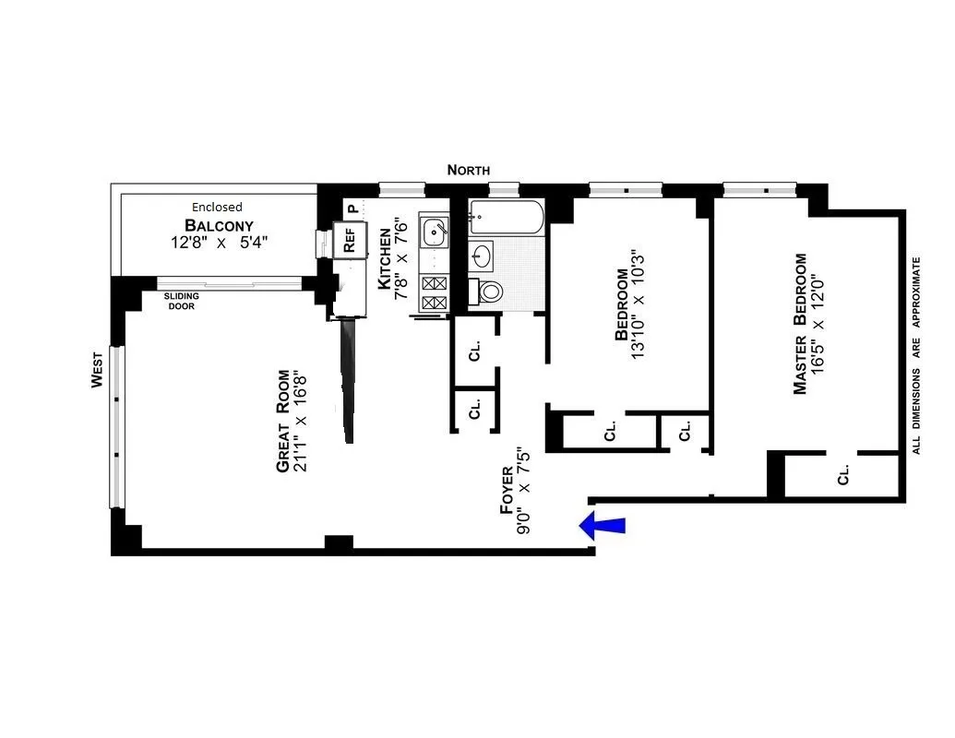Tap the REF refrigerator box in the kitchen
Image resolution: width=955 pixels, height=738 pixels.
click(349, 241)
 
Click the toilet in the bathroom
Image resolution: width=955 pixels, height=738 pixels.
click(489, 292)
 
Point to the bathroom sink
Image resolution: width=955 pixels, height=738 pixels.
click(482, 254)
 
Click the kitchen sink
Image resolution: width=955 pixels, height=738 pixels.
click(434, 232)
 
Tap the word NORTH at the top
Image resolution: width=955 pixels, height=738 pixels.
click(469, 170)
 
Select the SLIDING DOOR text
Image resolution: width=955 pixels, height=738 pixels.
click(180, 301)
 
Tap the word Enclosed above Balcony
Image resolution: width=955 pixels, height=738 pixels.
click(217, 208)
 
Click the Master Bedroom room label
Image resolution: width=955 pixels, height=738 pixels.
click(800, 324)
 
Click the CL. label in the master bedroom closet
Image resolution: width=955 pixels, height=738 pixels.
click(843, 475)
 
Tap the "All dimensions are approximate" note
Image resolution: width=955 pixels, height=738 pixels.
click(917, 355)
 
